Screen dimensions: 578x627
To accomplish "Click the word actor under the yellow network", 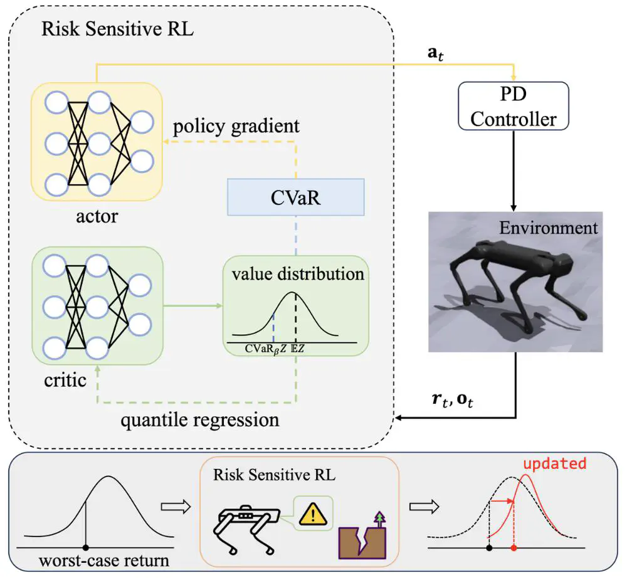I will click(97, 218).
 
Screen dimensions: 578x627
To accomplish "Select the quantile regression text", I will click(200, 419).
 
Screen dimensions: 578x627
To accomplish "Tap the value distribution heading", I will click(297, 274).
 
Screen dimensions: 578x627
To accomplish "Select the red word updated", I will click(556, 465).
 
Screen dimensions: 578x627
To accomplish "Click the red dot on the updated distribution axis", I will click(514, 547).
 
